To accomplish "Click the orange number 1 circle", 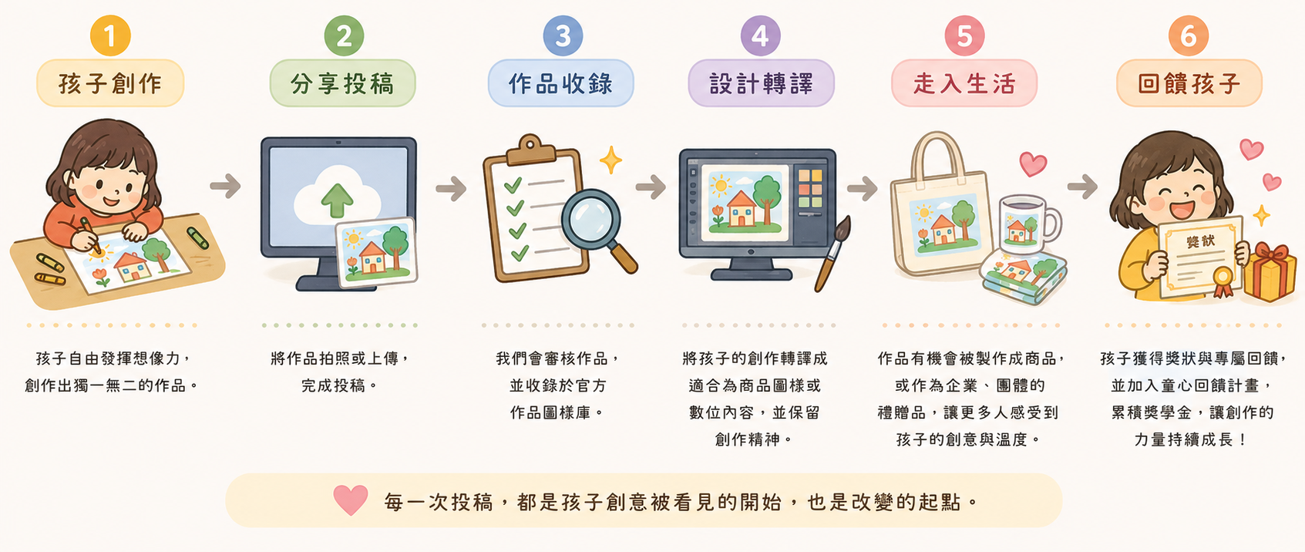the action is pyautogui.click(x=110, y=36).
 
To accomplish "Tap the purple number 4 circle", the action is pyautogui.click(x=760, y=36).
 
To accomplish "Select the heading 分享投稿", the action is pyautogui.click(x=342, y=84).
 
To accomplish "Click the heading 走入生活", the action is pyautogui.click(x=964, y=84).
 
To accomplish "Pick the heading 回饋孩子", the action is pyautogui.click(x=1189, y=84).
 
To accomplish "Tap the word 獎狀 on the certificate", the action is pyautogui.click(x=1200, y=241).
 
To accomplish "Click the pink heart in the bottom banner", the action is pyautogui.click(x=351, y=500).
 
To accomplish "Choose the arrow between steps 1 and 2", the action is pyautogui.click(x=225, y=186).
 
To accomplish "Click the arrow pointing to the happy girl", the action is pyautogui.click(x=1082, y=187).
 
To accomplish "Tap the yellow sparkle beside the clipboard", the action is pyautogui.click(x=610, y=160).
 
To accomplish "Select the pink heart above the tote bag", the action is pyautogui.click(x=1033, y=163).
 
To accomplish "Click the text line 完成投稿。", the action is pyautogui.click(x=340, y=385).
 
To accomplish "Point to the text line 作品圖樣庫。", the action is pyautogui.click(x=557, y=412).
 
